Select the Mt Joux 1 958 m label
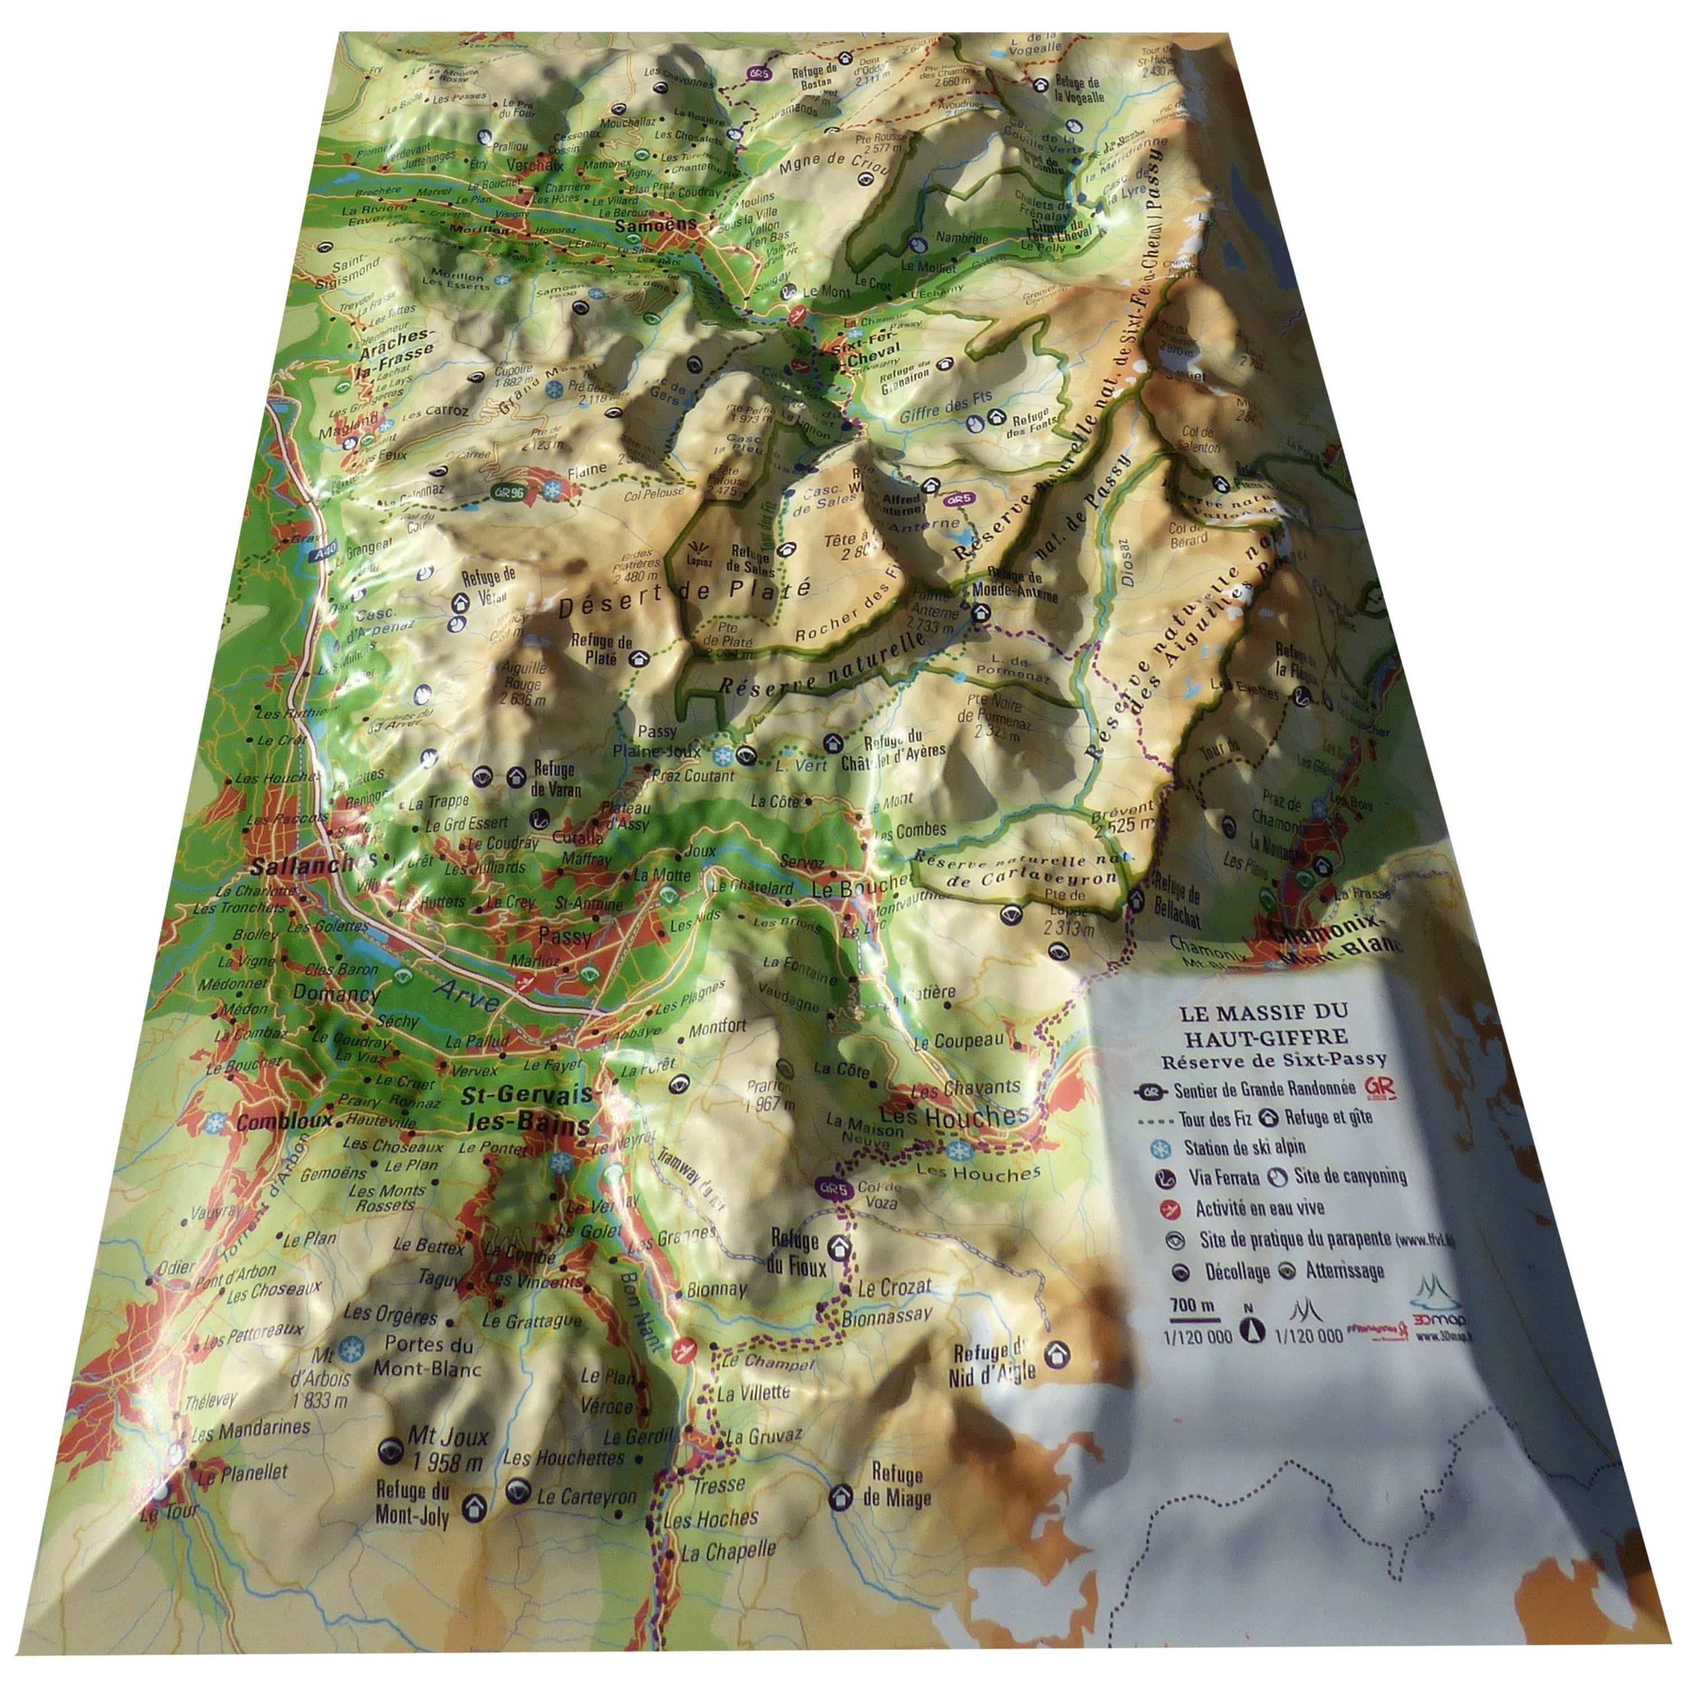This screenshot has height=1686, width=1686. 448,1449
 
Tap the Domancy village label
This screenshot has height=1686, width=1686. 336,993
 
